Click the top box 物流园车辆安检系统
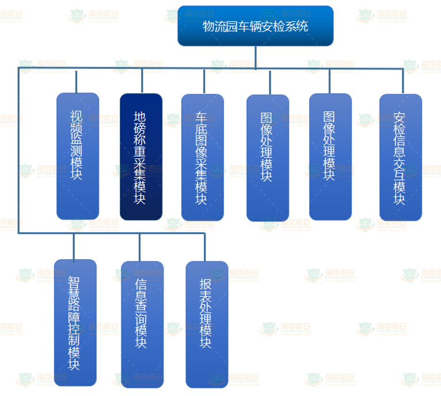[x=255, y=26]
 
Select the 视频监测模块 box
[x=77, y=156]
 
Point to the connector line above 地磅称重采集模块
[x=142, y=80]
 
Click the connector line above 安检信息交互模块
[x=402, y=81]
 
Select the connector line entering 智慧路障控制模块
[x=74, y=246]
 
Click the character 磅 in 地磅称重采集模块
[x=140, y=130]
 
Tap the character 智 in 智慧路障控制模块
[x=74, y=283]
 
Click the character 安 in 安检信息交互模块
[x=400, y=118]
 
